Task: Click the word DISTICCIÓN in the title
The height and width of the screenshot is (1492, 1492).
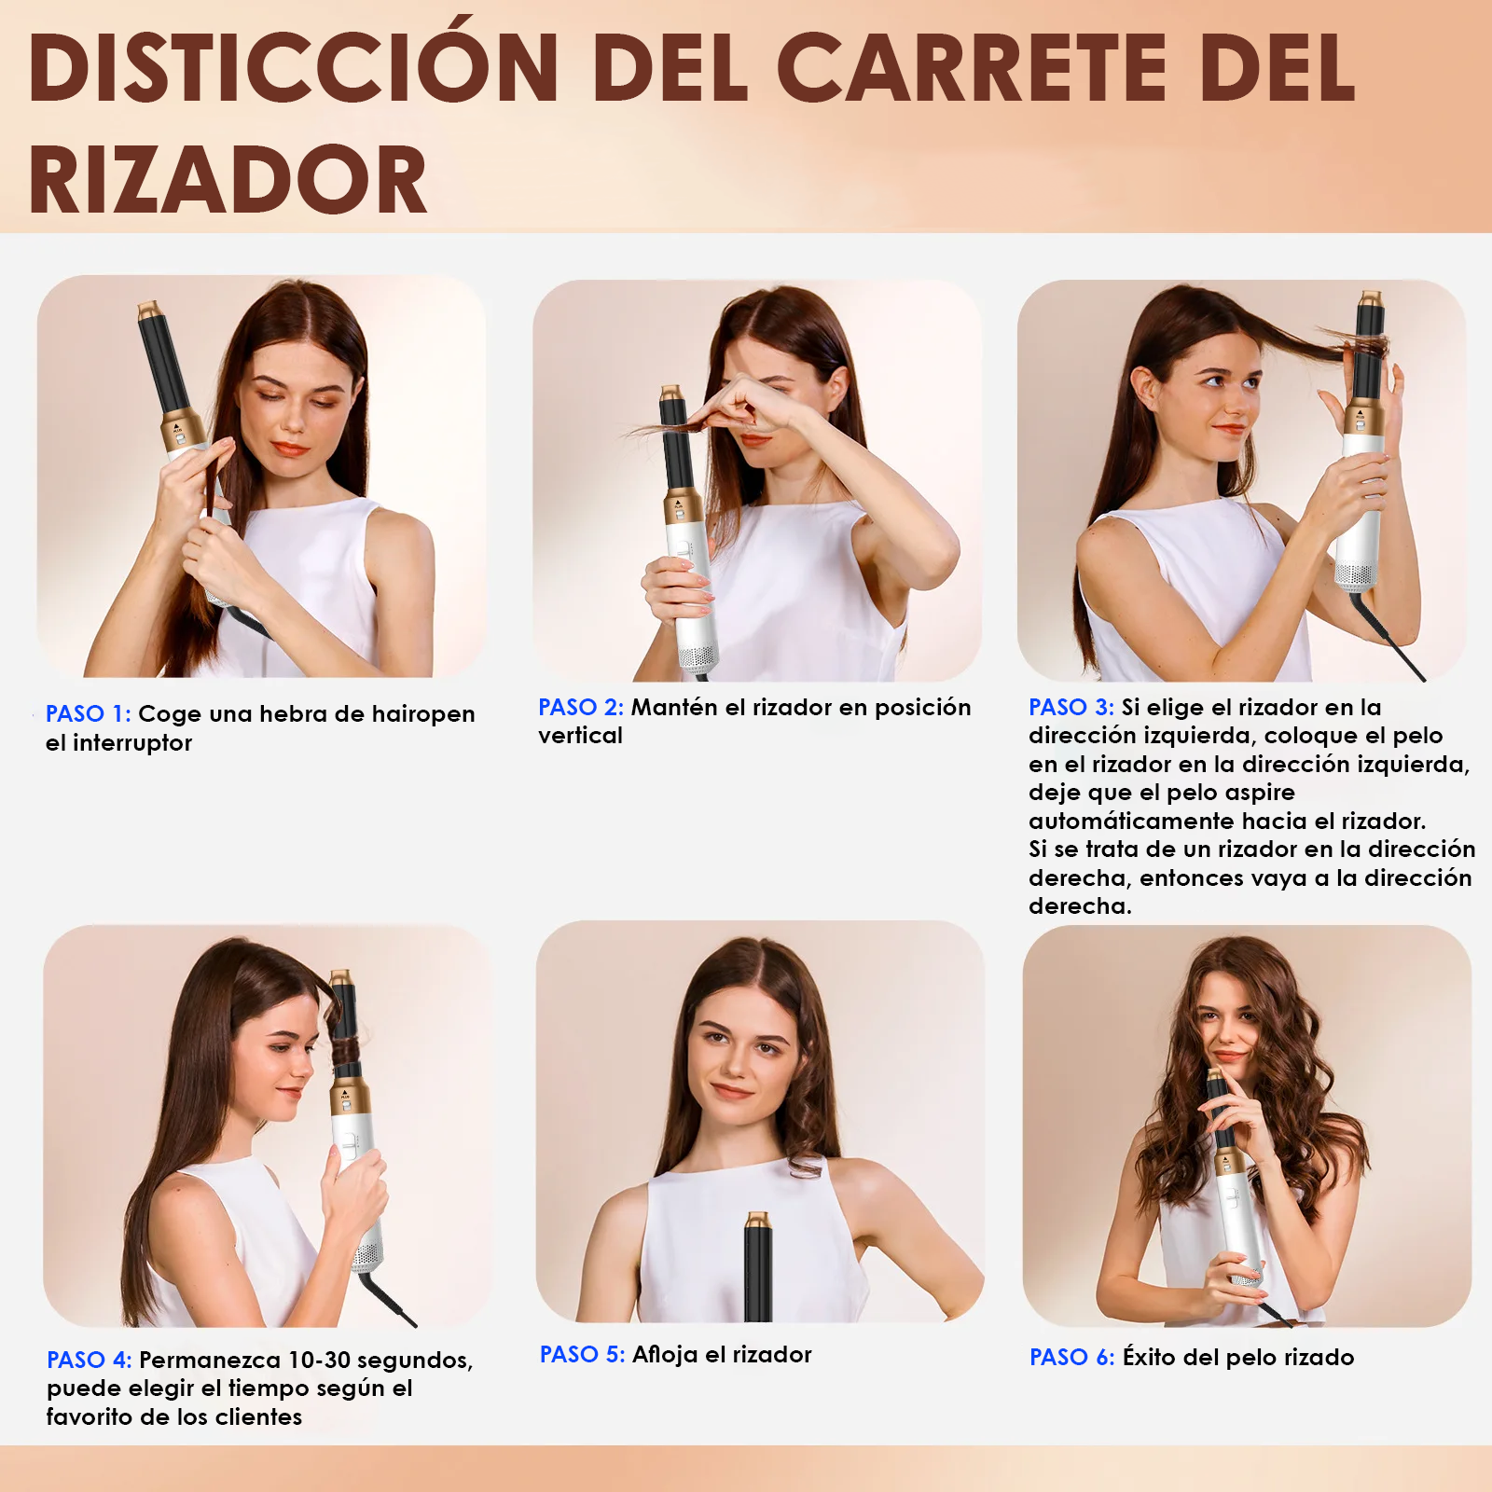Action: pyautogui.click(x=294, y=66)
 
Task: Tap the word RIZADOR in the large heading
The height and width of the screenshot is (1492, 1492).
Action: pyautogui.click(x=228, y=180)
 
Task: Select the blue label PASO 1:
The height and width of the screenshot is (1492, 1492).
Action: pyautogui.click(x=89, y=714)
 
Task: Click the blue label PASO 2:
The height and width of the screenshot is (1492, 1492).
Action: pyautogui.click(x=581, y=708)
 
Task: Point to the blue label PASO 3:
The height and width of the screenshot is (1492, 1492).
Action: pyautogui.click(x=1071, y=708)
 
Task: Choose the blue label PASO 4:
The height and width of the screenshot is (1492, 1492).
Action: pyautogui.click(x=90, y=1361)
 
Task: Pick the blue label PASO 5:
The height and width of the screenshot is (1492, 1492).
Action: pyautogui.click(x=583, y=1355)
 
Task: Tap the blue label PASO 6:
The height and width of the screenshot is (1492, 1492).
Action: pyautogui.click(x=1072, y=1358)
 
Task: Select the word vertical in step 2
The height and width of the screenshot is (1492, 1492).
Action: pyautogui.click(x=580, y=736)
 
